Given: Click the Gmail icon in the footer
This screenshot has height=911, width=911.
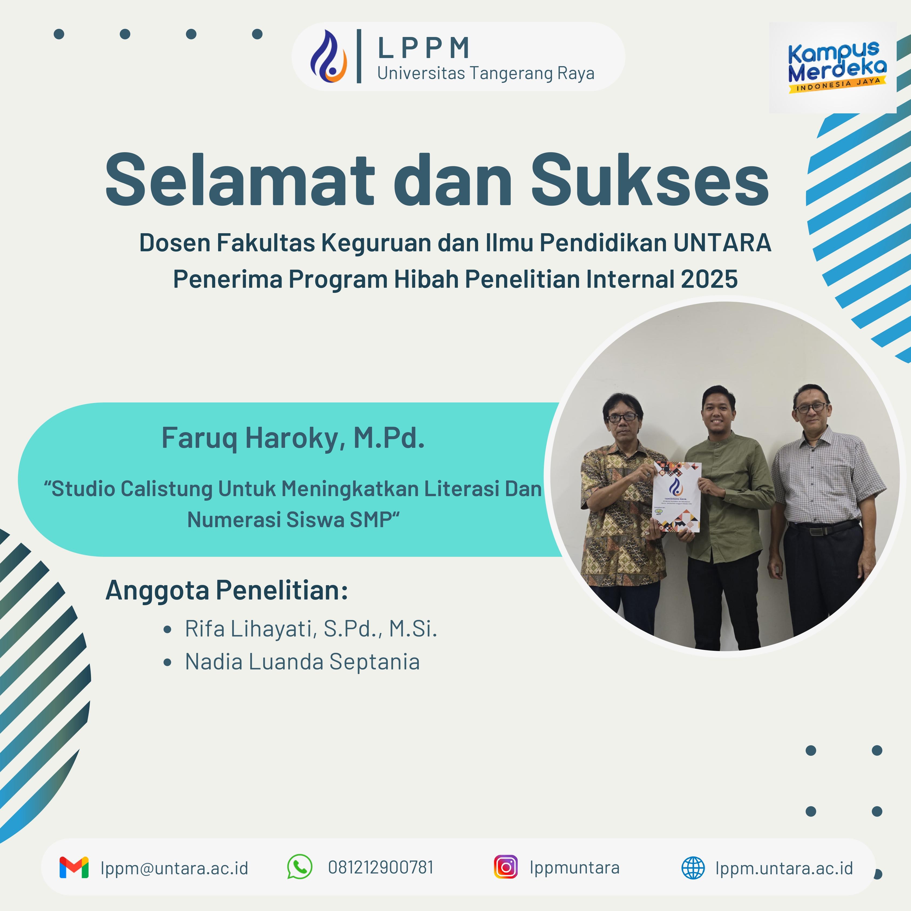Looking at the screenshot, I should point(74,868).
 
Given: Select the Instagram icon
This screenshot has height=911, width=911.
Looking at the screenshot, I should point(506,867).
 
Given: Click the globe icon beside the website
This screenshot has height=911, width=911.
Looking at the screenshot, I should point(693,868).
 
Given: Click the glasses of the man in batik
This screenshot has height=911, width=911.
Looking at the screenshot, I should point(622,417).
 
